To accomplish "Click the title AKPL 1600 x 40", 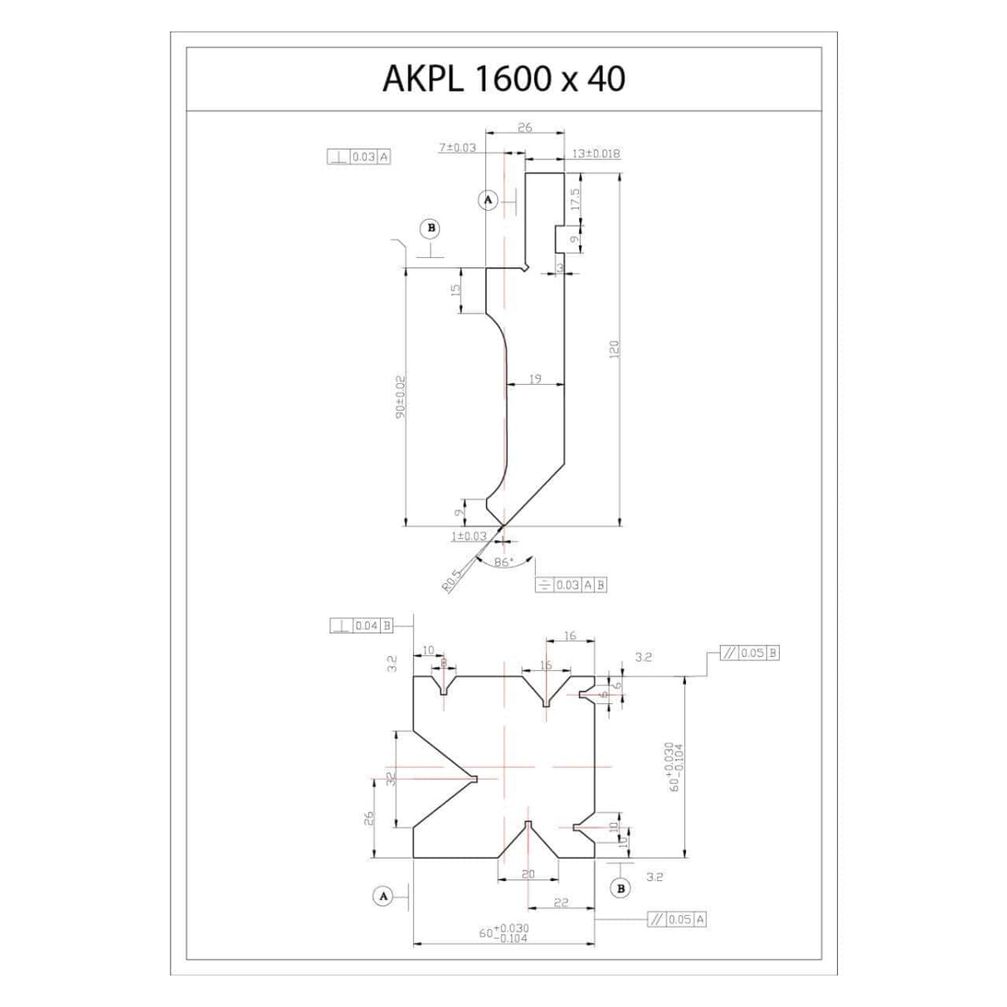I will click(503, 79).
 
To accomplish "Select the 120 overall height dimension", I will click(615, 349).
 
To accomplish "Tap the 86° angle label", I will click(503, 562).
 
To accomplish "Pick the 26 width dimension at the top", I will click(524, 128).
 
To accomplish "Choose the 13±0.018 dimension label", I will click(596, 153).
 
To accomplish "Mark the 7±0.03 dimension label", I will click(457, 148).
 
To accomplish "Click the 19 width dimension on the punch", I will click(535, 379).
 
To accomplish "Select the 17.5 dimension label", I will click(575, 199).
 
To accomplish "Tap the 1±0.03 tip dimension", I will click(469, 537).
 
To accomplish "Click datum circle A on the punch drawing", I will click(488, 199).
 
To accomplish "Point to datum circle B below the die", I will click(620, 888).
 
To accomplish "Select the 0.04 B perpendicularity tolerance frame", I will click(361, 625).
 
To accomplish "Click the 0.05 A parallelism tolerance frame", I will click(677, 919).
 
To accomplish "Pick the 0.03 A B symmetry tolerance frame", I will click(572, 585).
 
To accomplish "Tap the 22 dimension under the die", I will click(561, 902).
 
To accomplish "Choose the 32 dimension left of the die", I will click(391, 779).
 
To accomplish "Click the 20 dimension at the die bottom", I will click(528, 873).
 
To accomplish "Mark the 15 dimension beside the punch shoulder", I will click(455, 290).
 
